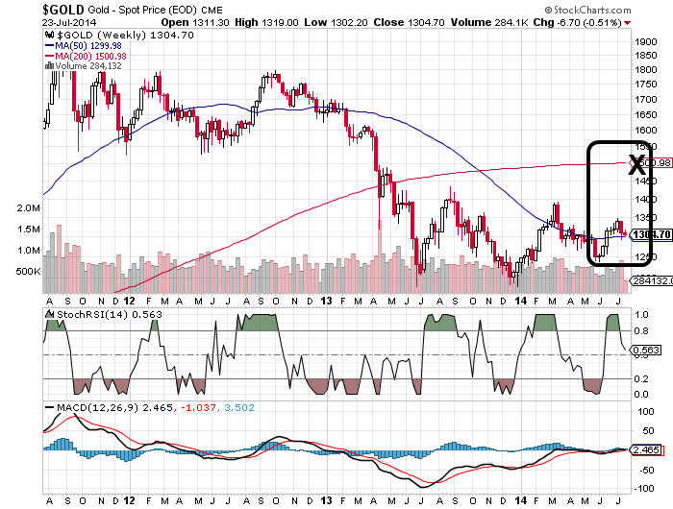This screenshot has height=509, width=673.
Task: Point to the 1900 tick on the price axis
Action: pos(643,42)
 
